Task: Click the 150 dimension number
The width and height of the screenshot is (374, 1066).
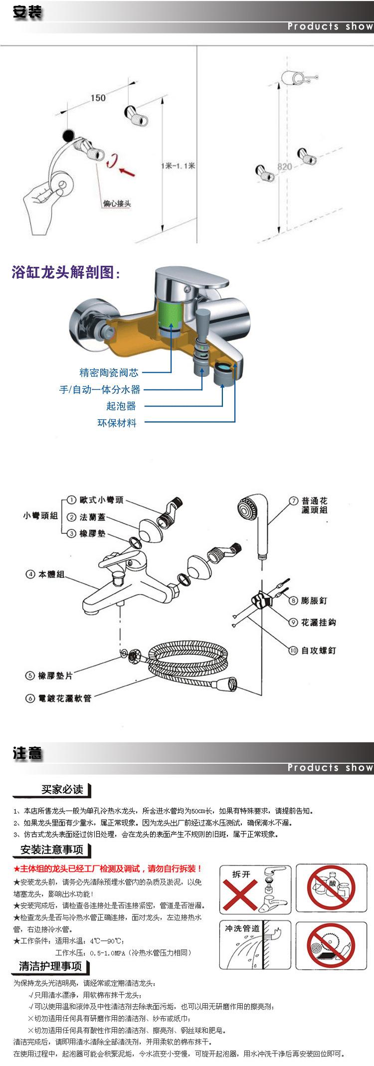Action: (x=98, y=97)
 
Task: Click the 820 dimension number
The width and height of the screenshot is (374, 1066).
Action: (x=284, y=167)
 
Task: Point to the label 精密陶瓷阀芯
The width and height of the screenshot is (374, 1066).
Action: (x=109, y=372)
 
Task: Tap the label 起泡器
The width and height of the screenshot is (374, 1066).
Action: (x=121, y=406)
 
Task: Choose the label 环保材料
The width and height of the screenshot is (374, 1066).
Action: (x=117, y=423)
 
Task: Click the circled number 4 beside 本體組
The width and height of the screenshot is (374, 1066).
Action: (x=30, y=574)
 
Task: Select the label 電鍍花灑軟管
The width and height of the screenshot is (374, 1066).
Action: (x=65, y=698)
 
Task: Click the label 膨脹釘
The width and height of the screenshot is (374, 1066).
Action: (x=314, y=601)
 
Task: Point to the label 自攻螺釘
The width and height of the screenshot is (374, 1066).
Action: (x=319, y=650)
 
